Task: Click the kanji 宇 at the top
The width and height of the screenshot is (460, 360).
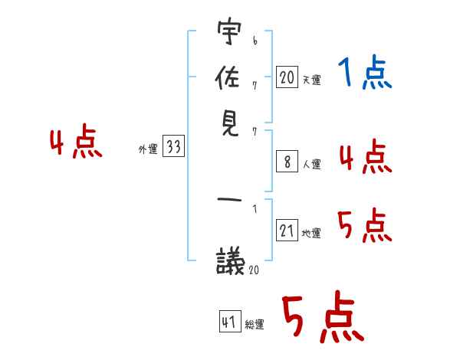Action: (229, 31)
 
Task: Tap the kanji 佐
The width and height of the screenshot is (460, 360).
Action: (228, 77)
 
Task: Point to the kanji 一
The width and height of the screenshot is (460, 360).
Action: (229, 199)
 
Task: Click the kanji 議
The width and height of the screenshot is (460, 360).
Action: (230, 261)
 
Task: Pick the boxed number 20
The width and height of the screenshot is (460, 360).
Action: (287, 77)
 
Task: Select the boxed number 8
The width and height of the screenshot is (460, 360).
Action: (287, 162)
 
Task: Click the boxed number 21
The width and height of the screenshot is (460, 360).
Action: (287, 230)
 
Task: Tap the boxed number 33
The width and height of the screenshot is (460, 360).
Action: (174, 146)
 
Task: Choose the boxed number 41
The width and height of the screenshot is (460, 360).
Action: (230, 321)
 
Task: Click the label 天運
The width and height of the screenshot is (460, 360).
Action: (312, 80)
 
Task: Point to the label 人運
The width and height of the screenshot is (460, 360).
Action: (312, 164)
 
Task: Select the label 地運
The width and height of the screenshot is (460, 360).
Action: (311, 233)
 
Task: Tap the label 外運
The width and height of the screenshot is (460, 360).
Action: (148, 149)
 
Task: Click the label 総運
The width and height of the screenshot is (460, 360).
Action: (255, 324)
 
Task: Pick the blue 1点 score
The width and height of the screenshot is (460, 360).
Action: (365, 72)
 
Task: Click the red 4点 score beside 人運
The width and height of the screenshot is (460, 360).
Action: (366, 156)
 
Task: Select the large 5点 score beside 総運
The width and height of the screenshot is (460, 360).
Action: (324, 316)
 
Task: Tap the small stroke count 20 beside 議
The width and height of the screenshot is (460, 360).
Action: (254, 270)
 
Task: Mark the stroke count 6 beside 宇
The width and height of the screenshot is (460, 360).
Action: (255, 41)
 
